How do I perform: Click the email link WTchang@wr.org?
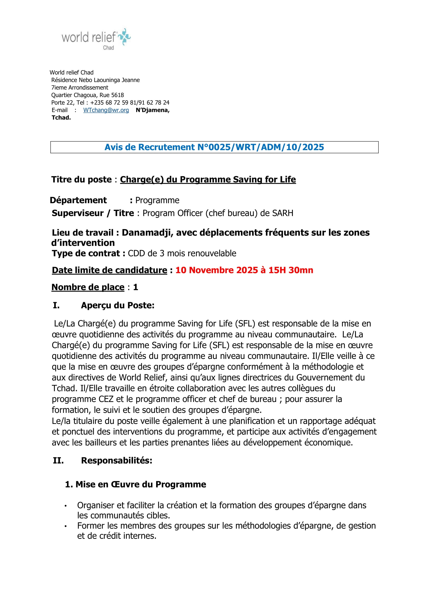pyautogui.click(x=106, y=110)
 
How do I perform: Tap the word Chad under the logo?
pyautogui.click(x=108, y=48)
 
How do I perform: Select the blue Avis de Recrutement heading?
pyautogui.click(x=214, y=147)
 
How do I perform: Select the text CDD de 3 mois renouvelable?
pyautogui.click(x=182, y=253)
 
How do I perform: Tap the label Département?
pyautogui.click(x=78, y=200)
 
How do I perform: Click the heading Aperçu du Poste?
pyautogui.click(x=117, y=305)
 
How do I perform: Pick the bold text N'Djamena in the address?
pyautogui.click(x=153, y=110)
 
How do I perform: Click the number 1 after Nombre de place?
pyautogui.click(x=135, y=287)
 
